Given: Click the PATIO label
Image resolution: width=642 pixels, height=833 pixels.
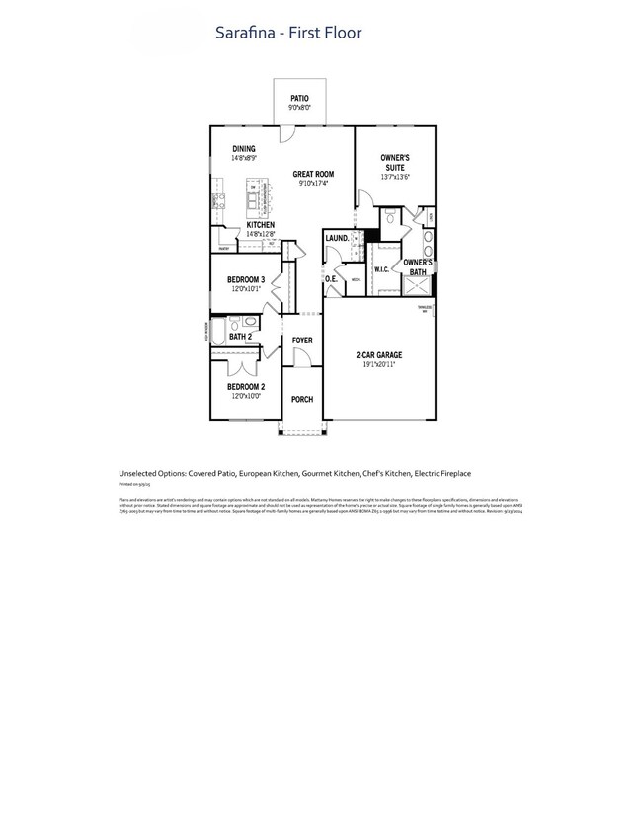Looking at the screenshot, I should (299, 98).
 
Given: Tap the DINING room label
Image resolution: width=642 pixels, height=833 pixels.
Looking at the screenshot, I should (243, 149).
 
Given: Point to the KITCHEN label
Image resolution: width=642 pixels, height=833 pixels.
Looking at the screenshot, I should (260, 225).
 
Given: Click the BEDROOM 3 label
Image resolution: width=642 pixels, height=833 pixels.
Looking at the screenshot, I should (246, 280).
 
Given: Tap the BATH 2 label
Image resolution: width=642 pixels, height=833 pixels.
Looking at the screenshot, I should (240, 337).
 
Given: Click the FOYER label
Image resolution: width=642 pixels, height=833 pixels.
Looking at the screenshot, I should (302, 341).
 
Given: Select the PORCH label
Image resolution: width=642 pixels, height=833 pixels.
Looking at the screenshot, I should (302, 399).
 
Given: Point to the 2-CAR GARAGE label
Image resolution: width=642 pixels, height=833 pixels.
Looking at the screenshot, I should (379, 355).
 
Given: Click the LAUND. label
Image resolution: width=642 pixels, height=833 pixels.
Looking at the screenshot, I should (336, 238).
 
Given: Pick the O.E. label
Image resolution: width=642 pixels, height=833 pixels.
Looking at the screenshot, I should (331, 279).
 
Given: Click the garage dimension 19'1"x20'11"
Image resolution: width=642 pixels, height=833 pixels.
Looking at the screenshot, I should (379, 364).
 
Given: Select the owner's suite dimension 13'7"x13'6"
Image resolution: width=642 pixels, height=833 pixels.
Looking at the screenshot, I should (395, 177).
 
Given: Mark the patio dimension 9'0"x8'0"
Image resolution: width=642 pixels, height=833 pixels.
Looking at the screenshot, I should (299, 107).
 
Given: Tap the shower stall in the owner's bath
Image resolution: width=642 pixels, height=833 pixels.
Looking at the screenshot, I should (417, 285).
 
